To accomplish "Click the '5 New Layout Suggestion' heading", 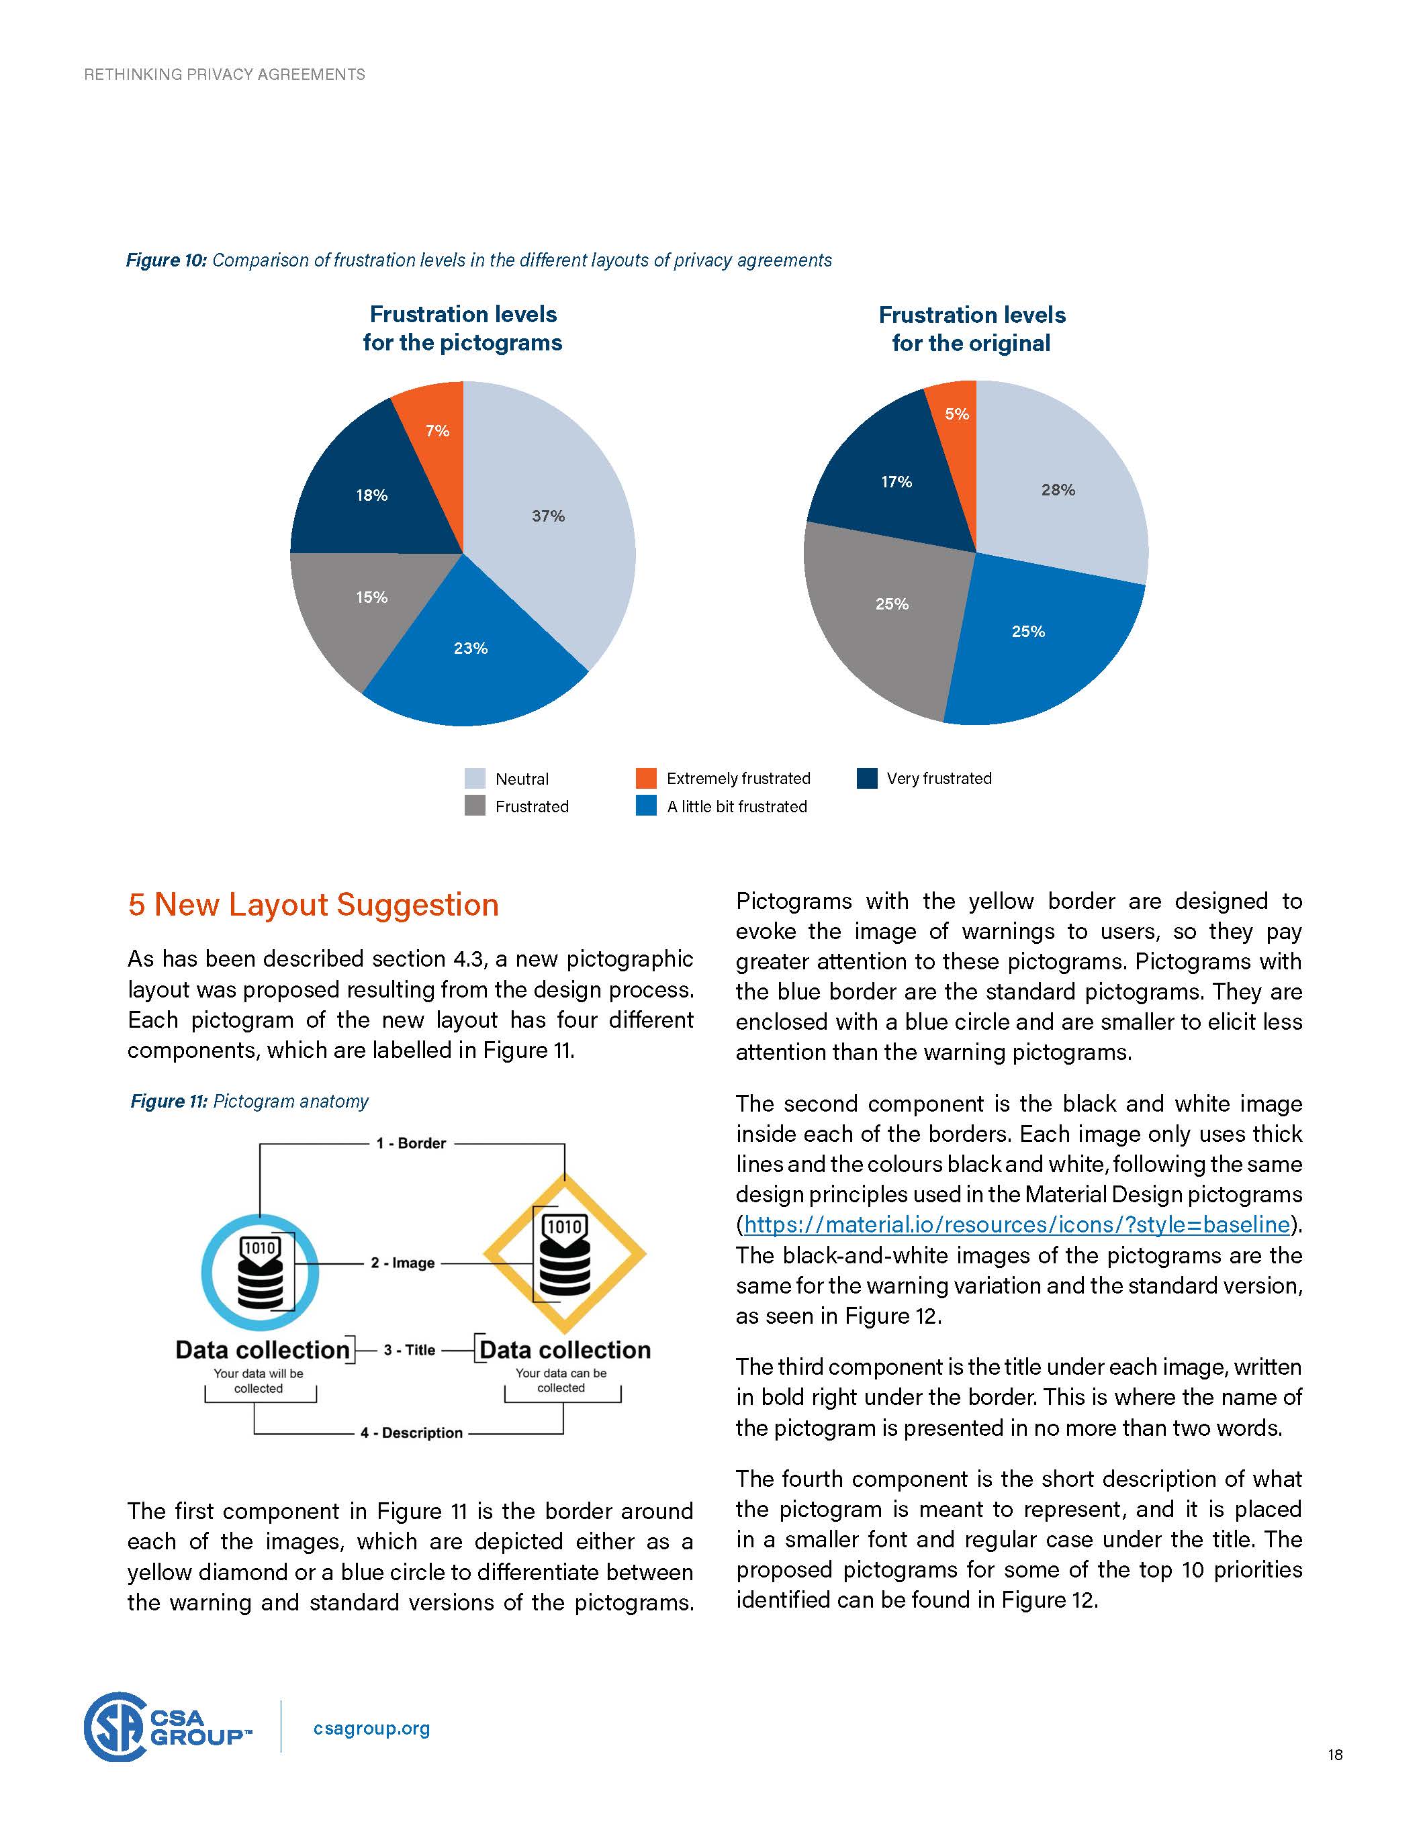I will pos(313,904).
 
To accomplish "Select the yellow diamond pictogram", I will pos(564,1253).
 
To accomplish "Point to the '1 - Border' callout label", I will pos(411,1143).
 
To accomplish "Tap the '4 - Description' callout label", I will pos(411,1432).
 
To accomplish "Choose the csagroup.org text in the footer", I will pos(371,1729).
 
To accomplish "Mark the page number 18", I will pos(1335,1755).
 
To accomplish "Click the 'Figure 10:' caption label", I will pos(166,260).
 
